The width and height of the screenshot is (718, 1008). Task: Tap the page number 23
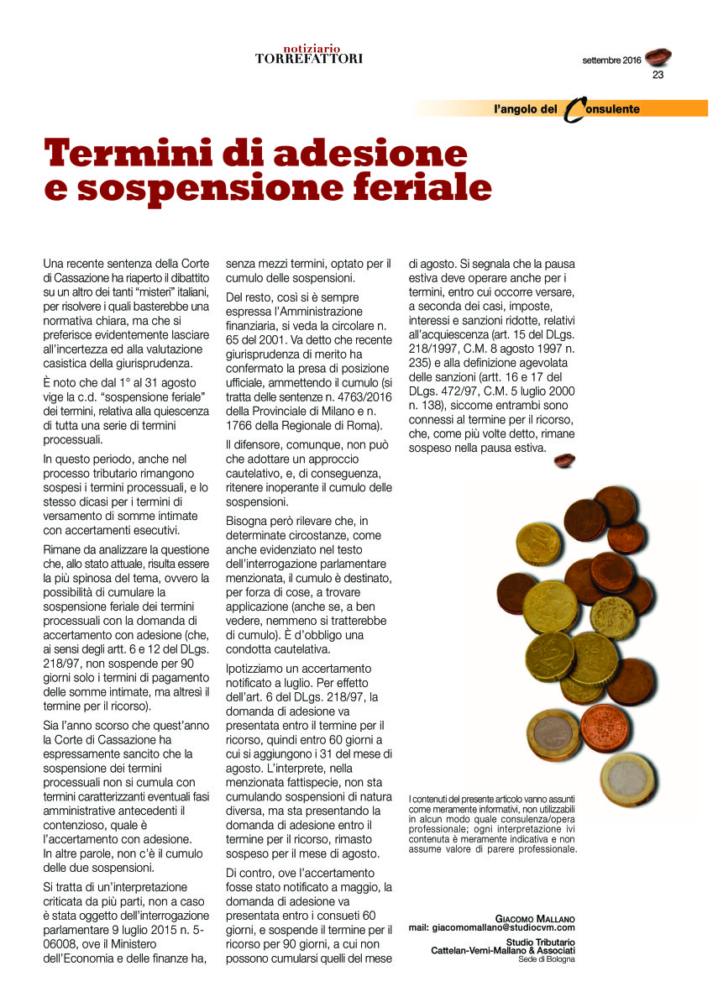658,75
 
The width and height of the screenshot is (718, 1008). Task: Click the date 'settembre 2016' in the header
611,60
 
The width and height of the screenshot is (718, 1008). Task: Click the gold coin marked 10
538,543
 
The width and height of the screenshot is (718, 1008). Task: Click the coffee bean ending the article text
564,459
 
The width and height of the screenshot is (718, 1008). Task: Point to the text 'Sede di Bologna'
547,959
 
